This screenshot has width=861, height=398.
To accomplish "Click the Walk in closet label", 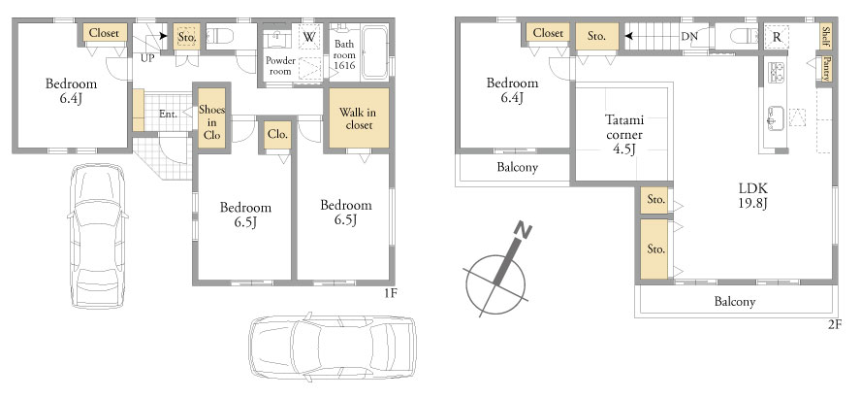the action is point(358,118).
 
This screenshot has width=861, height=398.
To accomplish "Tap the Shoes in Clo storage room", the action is point(212,117).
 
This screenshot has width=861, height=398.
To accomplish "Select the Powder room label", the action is point(280,66).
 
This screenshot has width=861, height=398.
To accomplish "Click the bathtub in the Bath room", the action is point(375,52).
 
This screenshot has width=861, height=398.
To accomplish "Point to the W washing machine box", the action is point(309,38).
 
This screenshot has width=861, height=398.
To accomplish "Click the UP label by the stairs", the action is point(147,58).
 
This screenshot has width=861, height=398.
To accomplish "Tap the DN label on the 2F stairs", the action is point(689,37).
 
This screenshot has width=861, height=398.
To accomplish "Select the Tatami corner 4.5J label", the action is point(624,134).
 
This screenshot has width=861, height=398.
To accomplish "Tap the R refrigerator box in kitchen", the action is point(777,38).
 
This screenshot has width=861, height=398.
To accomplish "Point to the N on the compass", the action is point(524,231).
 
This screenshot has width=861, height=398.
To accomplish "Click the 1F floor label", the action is point(390,293).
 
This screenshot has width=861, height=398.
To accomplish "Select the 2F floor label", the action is point(834,325).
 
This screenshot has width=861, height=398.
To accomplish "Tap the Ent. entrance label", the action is point(168,115).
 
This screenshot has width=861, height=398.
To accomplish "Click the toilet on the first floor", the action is point(223,36).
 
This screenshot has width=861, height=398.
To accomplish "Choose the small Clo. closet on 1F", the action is point(277,135).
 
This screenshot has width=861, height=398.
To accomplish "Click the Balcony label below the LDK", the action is point(735,302).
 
